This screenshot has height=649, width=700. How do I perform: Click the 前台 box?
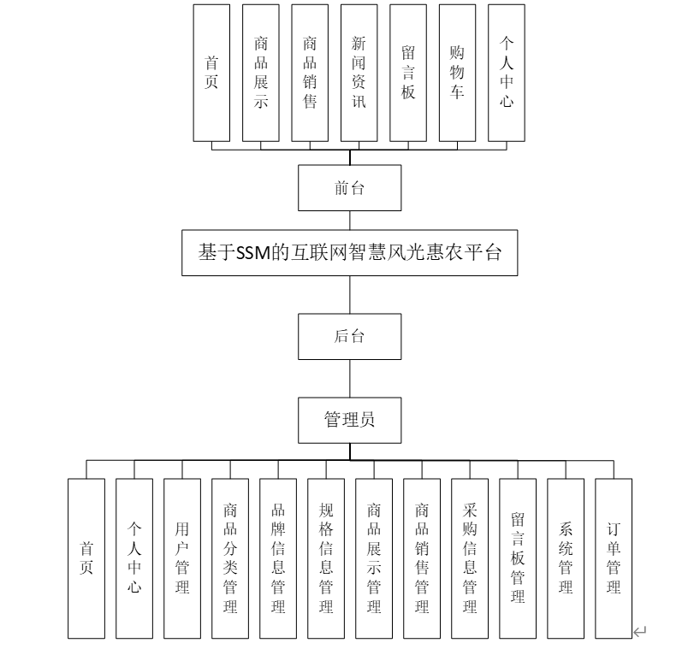[349, 187]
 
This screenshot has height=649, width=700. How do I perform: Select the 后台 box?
[349, 336]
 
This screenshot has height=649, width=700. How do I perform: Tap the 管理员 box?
[349, 419]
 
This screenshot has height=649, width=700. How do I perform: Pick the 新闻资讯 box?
[359, 73]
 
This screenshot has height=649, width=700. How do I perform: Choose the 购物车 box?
[457, 73]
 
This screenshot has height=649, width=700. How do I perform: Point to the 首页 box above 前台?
[211, 73]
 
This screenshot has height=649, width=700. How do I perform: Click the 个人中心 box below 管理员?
[134, 558]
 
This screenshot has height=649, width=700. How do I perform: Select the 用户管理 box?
[182, 558]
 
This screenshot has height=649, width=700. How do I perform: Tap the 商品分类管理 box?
[230, 558]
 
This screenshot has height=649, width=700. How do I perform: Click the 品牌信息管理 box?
[278, 558]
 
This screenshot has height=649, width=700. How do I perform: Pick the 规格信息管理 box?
[326, 558]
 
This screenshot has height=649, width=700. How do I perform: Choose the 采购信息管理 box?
[470, 558]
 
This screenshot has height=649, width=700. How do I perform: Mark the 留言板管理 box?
[518, 558]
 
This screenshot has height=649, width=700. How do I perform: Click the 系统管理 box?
[566, 558]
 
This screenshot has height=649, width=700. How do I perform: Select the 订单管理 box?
[614, 558]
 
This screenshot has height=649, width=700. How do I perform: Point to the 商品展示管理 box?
[374, 558]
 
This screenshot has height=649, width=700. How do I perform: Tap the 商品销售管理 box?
[422, 558]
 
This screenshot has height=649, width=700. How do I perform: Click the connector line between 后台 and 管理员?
[349, 379]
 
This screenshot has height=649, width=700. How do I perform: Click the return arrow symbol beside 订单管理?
[639, 632]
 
